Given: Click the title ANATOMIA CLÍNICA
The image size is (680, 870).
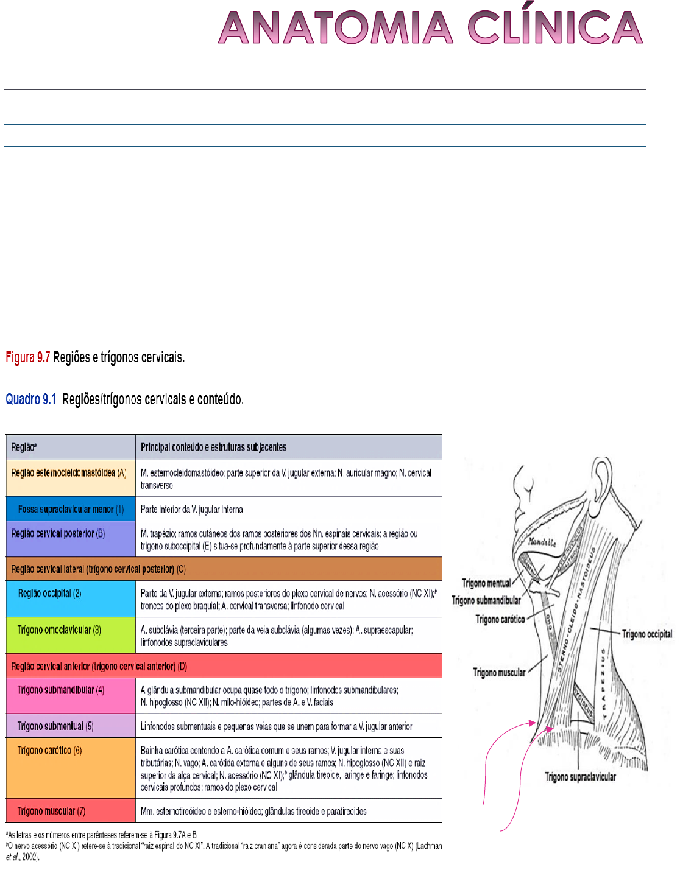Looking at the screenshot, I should point(430,28).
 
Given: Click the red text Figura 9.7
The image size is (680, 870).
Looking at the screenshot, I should point(27,357).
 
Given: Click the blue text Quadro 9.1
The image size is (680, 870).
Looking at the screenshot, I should point(30,399).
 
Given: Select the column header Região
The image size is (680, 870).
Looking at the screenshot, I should point(24,447).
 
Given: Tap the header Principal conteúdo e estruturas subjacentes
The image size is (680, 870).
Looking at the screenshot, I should point(213,447).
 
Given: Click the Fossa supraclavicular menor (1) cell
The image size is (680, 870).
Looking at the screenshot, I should point(71,510).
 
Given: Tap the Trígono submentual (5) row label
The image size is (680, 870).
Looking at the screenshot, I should point(55,726).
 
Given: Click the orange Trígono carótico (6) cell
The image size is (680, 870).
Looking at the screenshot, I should point(49,751).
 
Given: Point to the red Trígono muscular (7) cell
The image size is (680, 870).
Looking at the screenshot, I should point(51,811).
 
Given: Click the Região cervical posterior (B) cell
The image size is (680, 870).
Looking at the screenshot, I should point(58,534).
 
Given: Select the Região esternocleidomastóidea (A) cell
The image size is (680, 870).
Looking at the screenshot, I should point(68,473).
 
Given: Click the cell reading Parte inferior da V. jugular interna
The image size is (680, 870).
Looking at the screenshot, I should point(191,510).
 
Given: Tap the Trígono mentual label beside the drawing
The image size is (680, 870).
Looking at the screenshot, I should point(486,583).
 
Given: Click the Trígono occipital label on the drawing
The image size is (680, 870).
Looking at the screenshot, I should point(647,634).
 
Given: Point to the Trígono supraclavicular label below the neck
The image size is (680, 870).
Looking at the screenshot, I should point(580,777).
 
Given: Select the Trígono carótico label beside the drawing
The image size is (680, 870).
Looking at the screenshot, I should point(500,620).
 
